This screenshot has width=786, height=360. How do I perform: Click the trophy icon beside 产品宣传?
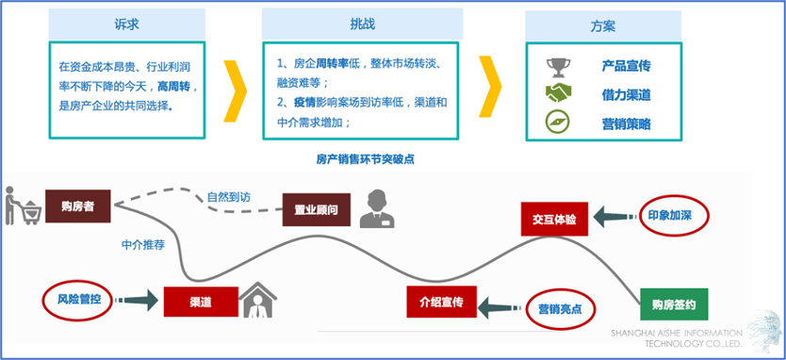pyautogui.click(x=558, y=67)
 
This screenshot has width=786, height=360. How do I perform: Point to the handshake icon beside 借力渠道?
pyautogui.click(x=558, y=94)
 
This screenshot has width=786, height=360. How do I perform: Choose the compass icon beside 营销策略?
pyautogui.click(x=558, y=123)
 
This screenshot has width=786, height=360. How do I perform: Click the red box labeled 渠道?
pyautogui.click(x=200, y=302)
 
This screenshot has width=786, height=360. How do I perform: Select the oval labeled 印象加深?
pyautogui.click(x=674, y=215)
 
